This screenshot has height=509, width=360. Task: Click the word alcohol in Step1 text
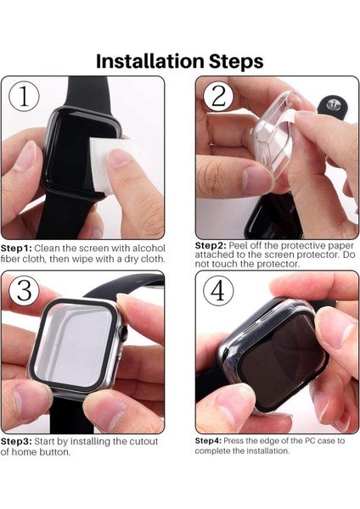point(148,248)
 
